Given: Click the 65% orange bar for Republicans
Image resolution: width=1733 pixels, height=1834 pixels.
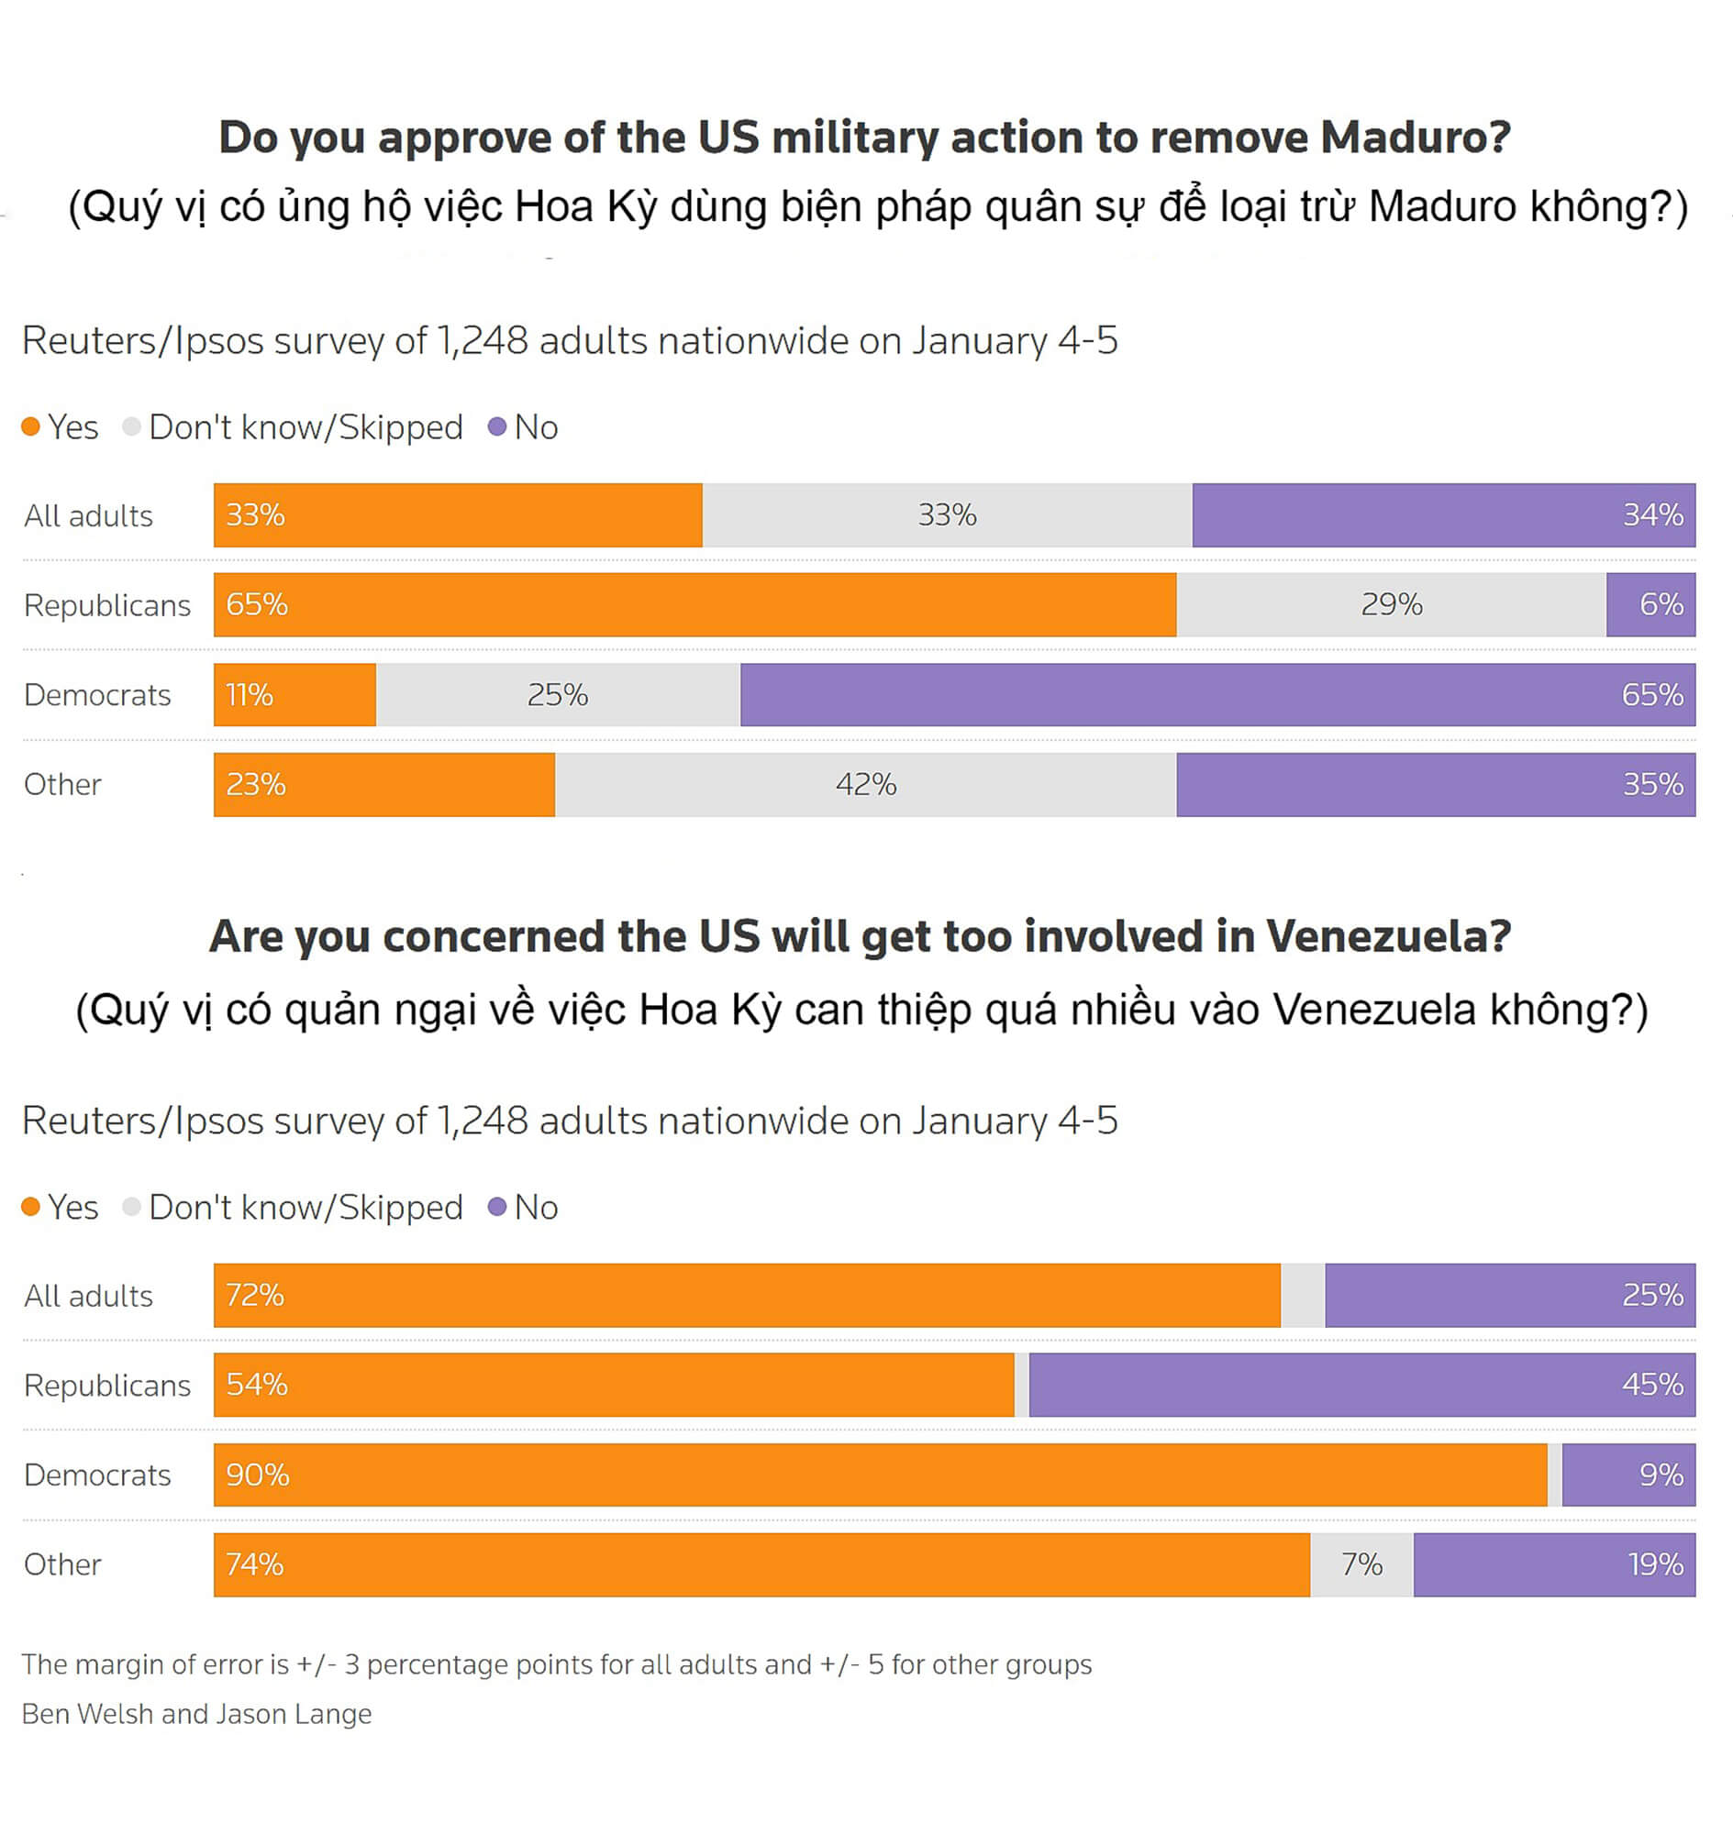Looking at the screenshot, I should click(694, 604).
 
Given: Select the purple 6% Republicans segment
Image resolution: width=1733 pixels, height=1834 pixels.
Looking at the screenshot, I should click(1650, 604).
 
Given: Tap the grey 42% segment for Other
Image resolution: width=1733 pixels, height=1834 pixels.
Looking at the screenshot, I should click(865, 784).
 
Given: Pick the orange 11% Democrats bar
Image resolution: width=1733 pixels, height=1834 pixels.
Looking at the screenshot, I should click(294, 694).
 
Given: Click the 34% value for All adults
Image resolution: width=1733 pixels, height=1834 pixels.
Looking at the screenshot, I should click(1652, 514).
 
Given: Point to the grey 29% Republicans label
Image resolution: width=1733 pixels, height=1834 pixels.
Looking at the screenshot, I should click(1391, 604).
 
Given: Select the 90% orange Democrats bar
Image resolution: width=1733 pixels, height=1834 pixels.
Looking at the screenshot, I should click(880, 1474).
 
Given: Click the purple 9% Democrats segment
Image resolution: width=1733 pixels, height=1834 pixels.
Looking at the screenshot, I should click(1627, 1474).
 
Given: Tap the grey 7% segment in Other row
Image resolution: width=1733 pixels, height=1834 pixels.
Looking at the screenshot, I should click(1361, 1563).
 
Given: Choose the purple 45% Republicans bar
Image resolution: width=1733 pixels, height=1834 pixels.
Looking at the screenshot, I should click(1361, 1385).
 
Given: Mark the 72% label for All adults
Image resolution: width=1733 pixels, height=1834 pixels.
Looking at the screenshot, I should click(255, 1295).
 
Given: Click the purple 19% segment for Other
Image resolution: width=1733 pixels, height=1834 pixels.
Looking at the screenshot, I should click(1554, 1563).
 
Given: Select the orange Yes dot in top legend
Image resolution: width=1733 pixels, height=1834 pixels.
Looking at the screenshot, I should click(30, 426).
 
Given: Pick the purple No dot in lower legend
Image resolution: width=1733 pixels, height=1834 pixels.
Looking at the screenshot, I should click(497, 1207).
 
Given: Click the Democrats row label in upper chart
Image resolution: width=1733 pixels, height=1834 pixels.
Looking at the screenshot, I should click(97, 694).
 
